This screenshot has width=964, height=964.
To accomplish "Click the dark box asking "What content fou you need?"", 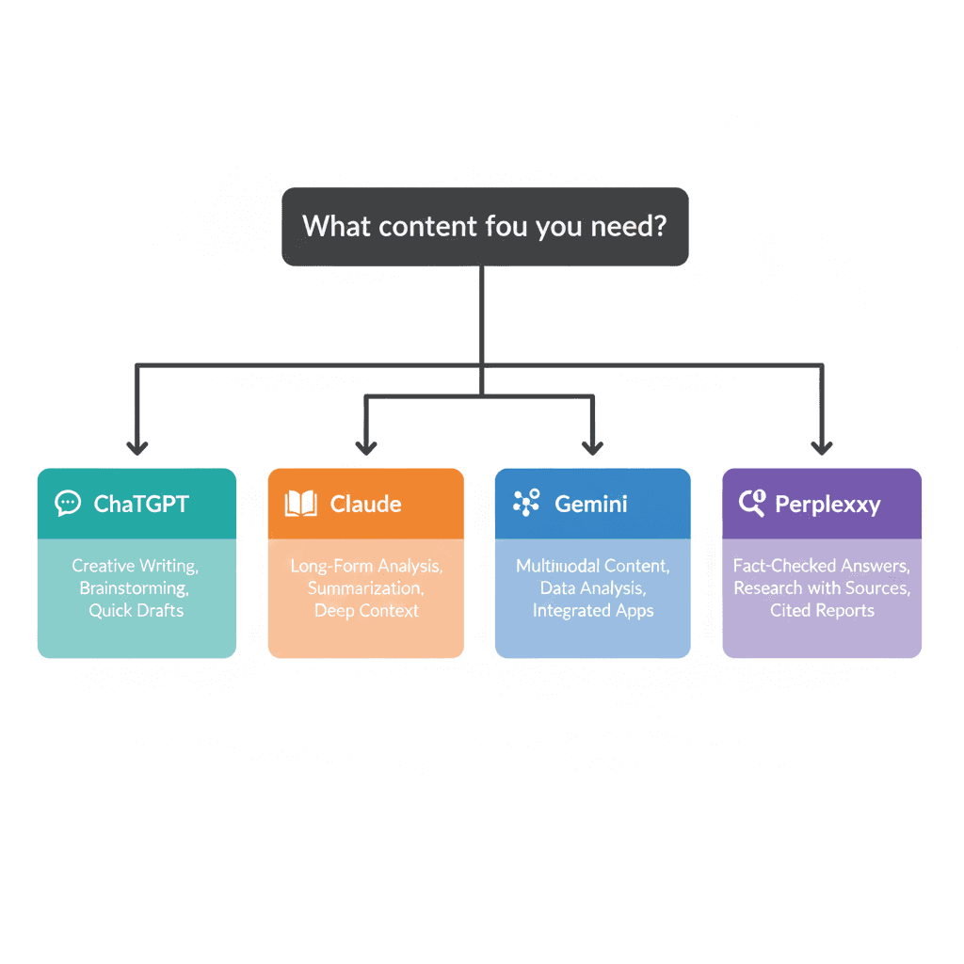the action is click(485, 227).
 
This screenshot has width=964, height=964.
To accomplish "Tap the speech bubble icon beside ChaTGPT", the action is click(68, 504).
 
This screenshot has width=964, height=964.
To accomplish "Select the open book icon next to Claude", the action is click(301, 504).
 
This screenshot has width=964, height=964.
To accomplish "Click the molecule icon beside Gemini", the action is click(526, 504).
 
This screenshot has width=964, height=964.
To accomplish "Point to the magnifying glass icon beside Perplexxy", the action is click(752, 504).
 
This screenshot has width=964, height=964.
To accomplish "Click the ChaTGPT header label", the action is click(141, 504).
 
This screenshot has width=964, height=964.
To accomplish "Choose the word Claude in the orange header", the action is click(365, 504).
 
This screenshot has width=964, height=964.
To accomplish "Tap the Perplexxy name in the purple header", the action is click(827, 504).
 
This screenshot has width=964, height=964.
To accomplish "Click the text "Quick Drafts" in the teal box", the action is click(137, 610).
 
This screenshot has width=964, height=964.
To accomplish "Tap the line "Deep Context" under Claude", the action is click(366, 610).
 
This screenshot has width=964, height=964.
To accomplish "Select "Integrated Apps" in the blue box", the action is click(593, 610).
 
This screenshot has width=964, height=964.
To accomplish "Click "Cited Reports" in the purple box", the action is click(822, 610).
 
